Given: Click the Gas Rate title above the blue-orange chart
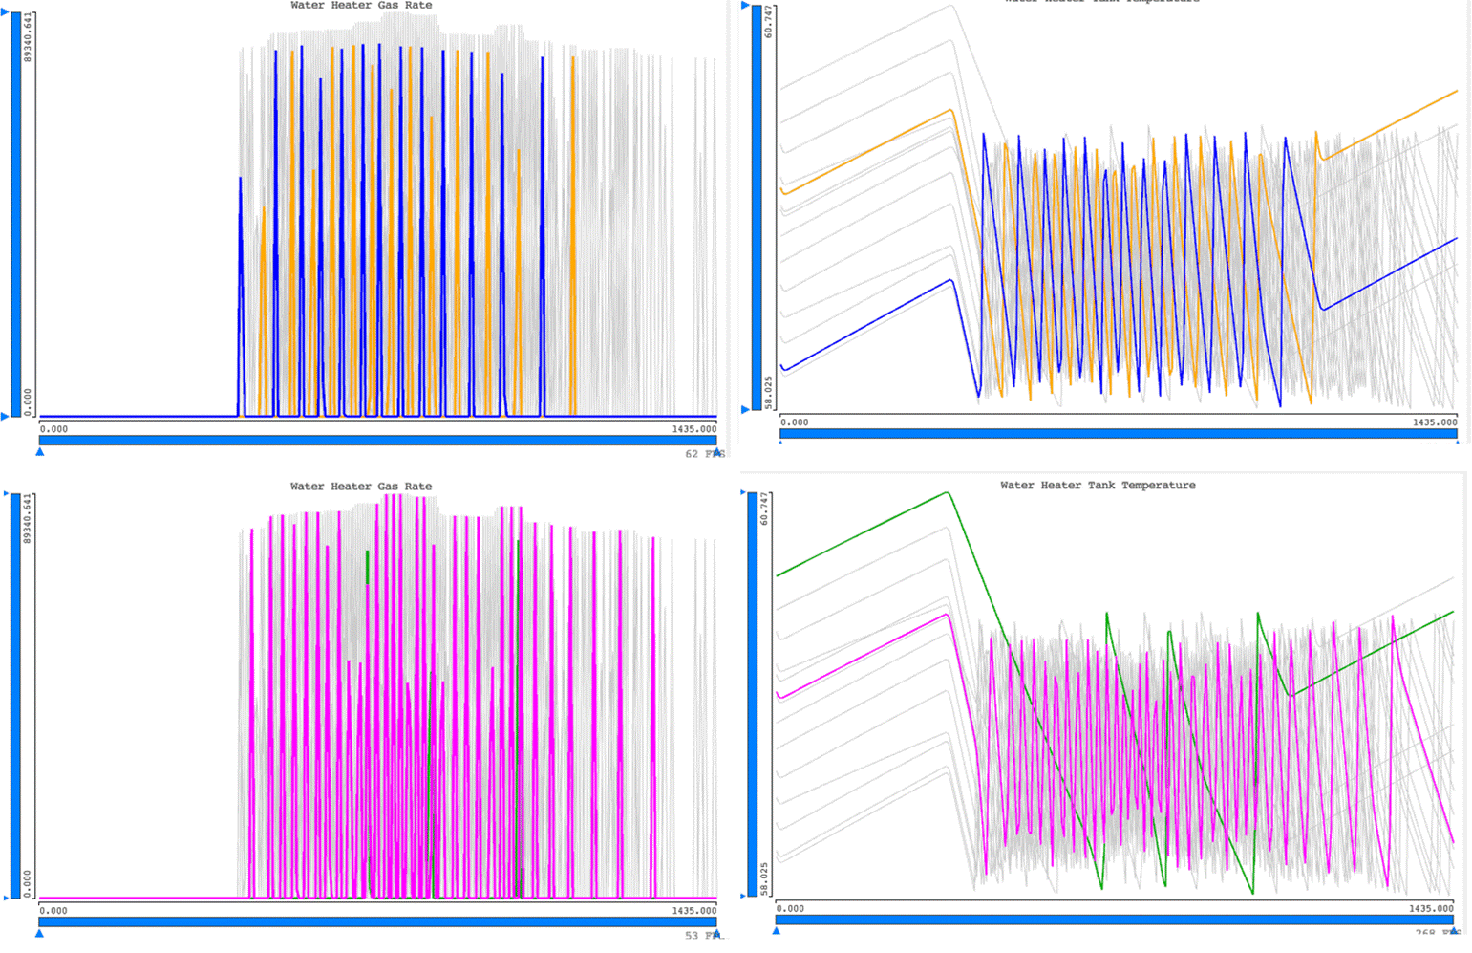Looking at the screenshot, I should [x=361, y=6].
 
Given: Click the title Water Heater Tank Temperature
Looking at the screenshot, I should [x=1098, y=486].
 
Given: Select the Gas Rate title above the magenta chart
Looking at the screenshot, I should [x=361, y=487].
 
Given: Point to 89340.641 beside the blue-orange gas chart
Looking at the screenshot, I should [x=28, y=37].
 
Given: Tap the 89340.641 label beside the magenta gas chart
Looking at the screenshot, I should [x=28, y=519].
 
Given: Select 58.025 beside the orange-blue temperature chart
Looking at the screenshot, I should [x=769, y=393].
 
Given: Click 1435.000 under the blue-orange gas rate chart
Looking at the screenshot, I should [x=693, y=429].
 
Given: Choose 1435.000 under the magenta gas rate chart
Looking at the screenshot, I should [x=693, y=911].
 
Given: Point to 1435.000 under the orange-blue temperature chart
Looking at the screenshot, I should [x=1435, y=422].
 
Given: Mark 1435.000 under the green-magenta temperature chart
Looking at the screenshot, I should [x=1431, y=909].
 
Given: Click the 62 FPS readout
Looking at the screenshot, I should [x=704, y=454].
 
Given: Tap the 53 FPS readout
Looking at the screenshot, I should [x=704, y=936].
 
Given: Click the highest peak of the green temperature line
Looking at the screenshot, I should [x=947, y=493].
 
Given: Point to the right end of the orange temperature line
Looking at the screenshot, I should [x=1457, y=92].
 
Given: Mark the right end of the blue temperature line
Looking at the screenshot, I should [x=1457, y=239].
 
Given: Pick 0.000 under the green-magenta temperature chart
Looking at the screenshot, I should [x=790, y=909].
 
